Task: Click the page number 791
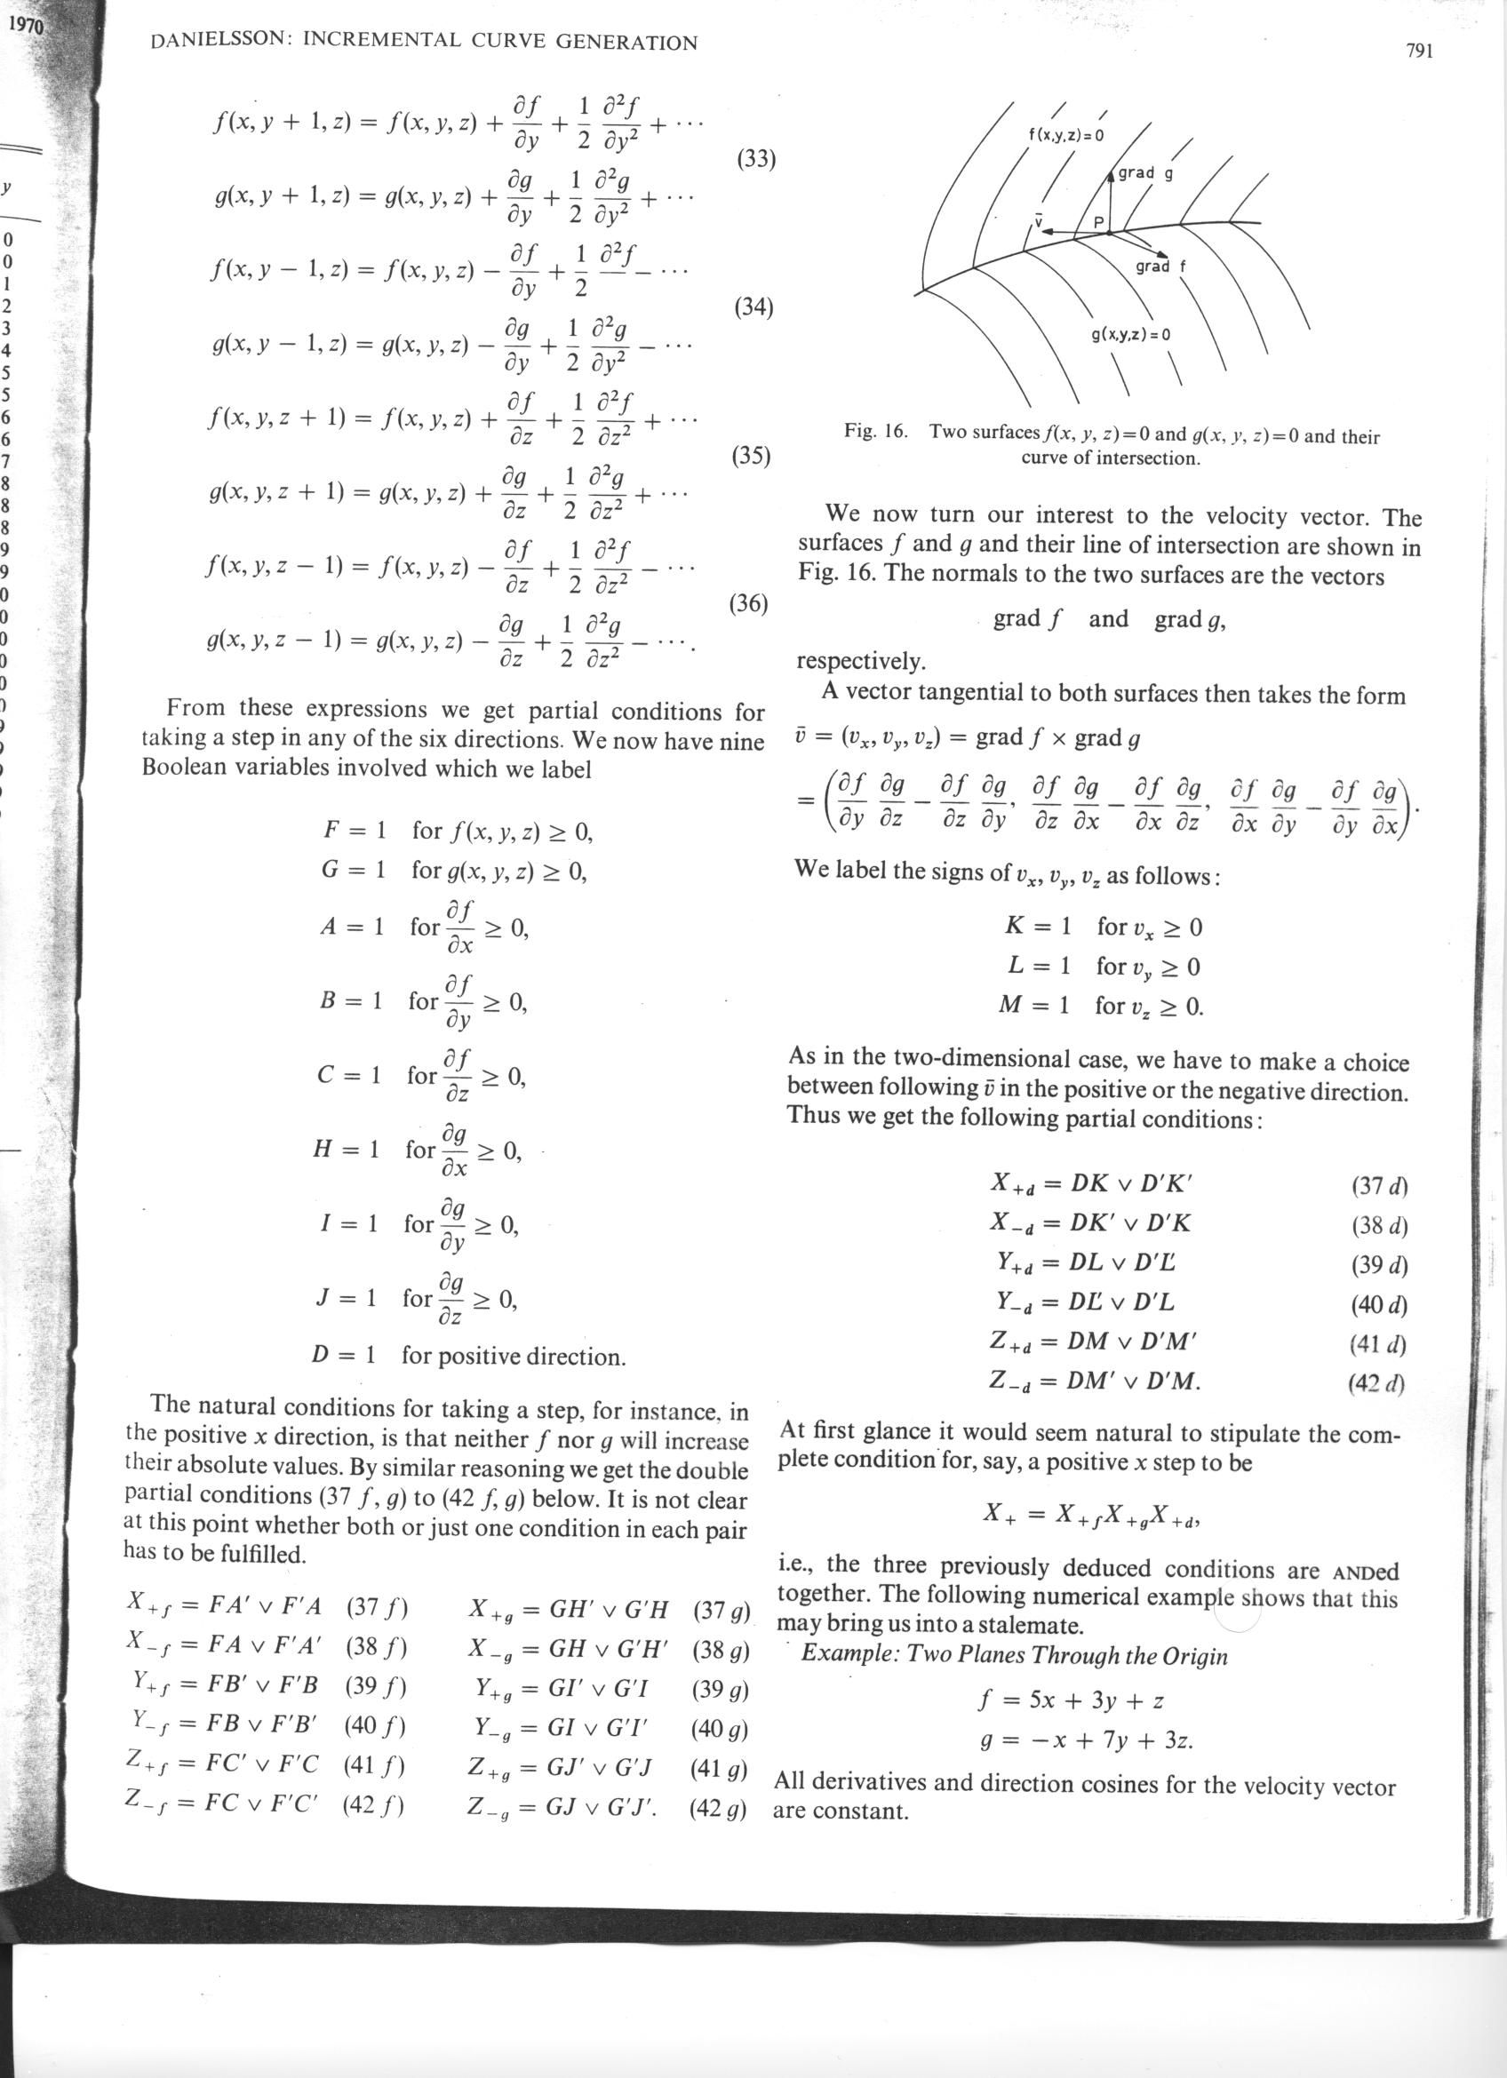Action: click(1417, 52)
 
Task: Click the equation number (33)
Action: click(756, 159)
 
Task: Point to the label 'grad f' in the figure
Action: click(1160, 267)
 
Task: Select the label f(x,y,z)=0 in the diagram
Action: click(1066, 136)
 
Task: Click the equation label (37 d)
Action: click(1379, 1186)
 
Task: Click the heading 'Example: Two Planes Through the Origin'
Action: click(1014, 1656)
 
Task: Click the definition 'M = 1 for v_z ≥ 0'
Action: click(1100, 1006)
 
